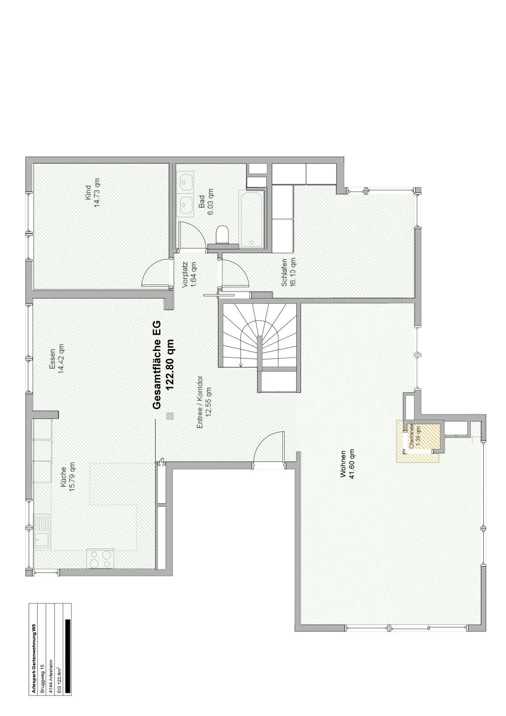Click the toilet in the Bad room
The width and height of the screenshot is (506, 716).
click(x=223, y=235)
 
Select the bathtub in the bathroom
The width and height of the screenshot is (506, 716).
click(x=252, y=219)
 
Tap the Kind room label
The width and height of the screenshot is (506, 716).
click(x=89, y=193)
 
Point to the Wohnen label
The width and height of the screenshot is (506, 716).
click(x=343, y=464)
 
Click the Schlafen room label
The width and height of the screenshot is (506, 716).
click(x=284, y=273)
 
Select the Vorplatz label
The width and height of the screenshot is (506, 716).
click(x=185, y=275)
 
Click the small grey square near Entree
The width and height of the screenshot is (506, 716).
click(x=170, y=416)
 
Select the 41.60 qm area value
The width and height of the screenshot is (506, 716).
click(x=352, y=464)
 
